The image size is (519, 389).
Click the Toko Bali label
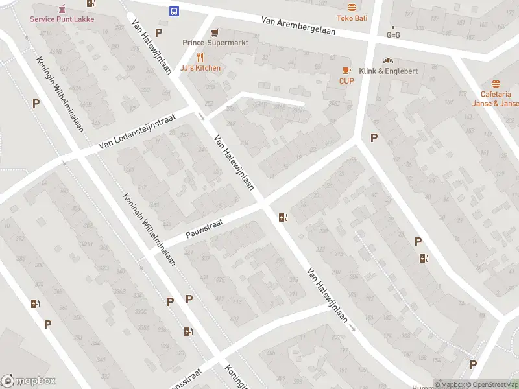(352, 18)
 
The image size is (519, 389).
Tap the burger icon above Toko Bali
(352, 7)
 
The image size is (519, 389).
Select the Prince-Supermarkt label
(215, 43)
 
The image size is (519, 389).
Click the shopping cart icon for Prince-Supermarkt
(215, 32)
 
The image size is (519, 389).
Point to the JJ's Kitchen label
(200, 68)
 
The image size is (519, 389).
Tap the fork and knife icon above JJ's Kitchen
(200, 57)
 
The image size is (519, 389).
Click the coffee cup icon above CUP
(346, 70)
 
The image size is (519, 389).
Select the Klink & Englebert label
(389, 71)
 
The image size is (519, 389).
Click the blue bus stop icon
(175, 11)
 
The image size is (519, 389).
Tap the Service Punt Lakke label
(62, 19)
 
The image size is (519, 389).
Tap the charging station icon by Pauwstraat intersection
(282, 217)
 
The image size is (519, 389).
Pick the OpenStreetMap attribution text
(491, 384)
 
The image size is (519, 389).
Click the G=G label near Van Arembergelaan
(393, 35)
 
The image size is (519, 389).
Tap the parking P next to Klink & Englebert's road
(373, 137)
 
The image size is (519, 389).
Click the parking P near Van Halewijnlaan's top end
(158, 32)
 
